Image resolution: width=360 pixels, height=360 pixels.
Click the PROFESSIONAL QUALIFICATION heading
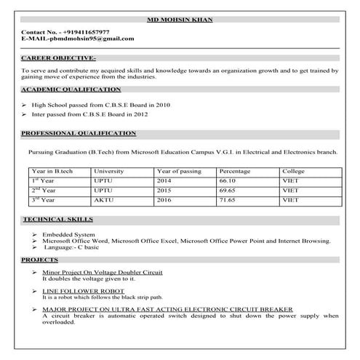pyautogui.click(x=79, y=134)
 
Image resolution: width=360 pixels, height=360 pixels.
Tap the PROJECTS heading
pyautogui.click(x=40, y=259)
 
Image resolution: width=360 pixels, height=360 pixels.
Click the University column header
pyautogui.click(x=109, y=172)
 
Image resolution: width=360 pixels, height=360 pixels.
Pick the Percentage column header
pyautogui.click(x=234, y=172)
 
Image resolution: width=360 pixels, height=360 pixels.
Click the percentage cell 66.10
pyautogui.click(x=228, y=180)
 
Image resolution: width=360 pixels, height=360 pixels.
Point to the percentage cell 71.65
pyautogui.click(x=228, y=199)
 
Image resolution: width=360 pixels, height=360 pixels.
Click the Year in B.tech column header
pyautogui.click(x=52, y=172)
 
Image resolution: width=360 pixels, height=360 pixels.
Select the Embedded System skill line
pyautogui.click(x=68, y=235)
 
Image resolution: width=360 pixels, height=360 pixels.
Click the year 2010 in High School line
pyautogui.click(x=161, y=105)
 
